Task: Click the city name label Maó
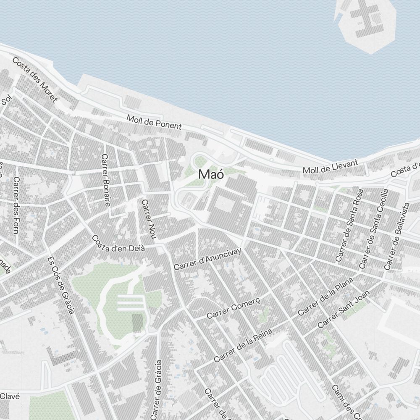[x=211, y=174]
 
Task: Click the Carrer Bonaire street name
[x=105, y=180]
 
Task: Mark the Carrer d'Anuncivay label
[x=208, y=259]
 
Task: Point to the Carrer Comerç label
[x=234, y=308]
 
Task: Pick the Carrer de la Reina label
[x=243, y=346]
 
